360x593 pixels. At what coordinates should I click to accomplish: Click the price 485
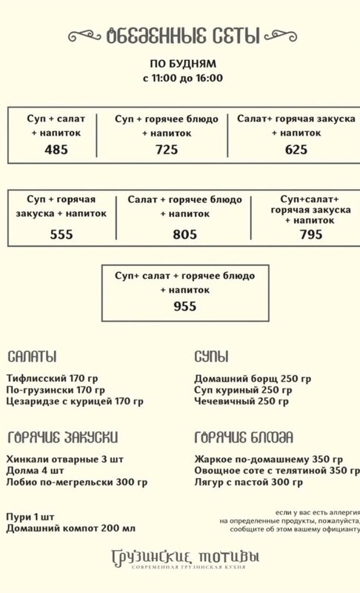point(56,150)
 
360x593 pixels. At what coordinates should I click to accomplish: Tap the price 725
point(167,150)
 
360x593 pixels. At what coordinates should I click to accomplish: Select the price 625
point(296,150)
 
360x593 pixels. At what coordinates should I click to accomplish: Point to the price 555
point(61,234)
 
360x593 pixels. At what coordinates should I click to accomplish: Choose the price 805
point(184,234)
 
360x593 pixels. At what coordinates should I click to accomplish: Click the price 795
point(311,234)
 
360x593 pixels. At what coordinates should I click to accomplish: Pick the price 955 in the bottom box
point(184,306)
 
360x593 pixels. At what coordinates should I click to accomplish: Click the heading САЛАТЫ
point(32,357)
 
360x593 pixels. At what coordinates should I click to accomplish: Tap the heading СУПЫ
point(212,357)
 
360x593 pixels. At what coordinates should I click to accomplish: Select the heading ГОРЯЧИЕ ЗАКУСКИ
point(63,437)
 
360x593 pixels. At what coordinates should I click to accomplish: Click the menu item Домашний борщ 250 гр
point(253,379)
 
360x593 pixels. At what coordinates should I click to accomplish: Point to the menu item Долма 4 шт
point(35,471)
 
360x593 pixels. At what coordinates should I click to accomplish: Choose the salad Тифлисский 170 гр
point(52,379)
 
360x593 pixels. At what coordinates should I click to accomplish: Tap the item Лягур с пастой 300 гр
point(249,483)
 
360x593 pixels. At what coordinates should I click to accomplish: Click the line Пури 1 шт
point(30,517)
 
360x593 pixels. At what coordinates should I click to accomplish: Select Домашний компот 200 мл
point(70,529)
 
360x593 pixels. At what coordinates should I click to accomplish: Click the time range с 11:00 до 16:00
point(183,79)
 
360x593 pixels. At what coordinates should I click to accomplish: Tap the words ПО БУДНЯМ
point(183,64)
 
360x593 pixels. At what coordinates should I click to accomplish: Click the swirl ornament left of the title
point(84,36)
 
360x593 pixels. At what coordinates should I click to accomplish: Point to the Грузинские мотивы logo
point(185,559)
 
